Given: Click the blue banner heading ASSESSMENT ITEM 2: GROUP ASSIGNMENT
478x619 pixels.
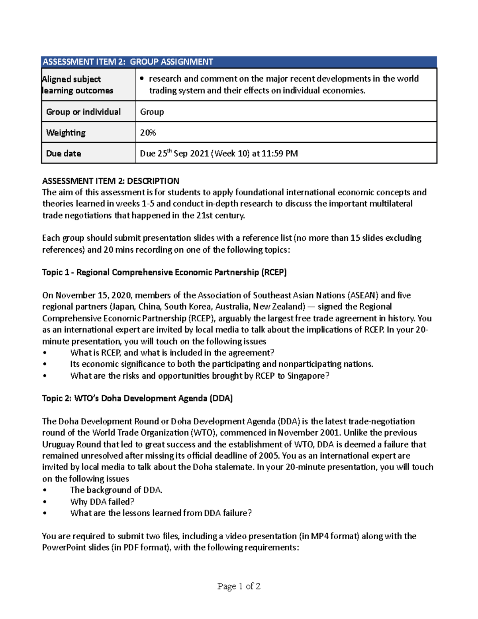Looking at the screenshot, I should [128, 62].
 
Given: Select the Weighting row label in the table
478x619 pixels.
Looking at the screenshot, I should [66, 133].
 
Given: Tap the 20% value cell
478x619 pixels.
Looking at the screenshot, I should [148, 133].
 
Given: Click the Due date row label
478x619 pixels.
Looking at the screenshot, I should [64, 153].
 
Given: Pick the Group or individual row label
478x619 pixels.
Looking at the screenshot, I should [83, 112].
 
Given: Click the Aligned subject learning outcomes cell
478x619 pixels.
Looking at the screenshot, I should [77, 84].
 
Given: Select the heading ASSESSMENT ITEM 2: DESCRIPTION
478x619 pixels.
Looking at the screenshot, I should [111, 181].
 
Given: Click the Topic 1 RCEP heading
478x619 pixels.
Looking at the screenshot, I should [164, 272].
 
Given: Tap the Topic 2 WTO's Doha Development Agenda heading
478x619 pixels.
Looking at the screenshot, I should [137, 398].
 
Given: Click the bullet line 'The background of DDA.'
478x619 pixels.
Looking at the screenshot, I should [116, 490].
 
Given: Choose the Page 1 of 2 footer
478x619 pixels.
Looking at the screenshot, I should [239, 586].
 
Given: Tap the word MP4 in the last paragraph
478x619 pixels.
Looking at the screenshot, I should [320, 536].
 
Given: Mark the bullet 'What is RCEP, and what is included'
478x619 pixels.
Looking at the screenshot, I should [172, 353].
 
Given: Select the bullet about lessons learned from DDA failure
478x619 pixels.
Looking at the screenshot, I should [161, 513].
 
